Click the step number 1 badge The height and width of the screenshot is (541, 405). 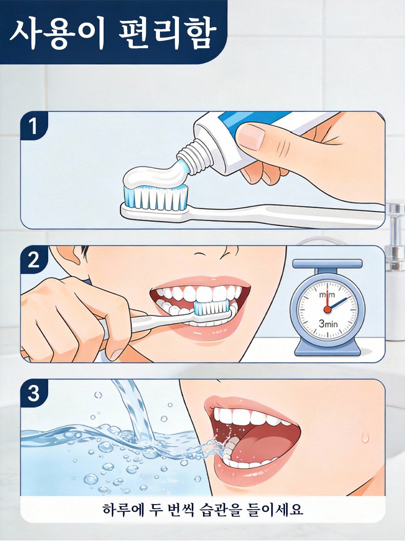33,126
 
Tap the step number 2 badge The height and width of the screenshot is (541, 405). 33,259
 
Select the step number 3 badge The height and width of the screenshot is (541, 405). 33,393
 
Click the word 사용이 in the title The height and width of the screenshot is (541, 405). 57,33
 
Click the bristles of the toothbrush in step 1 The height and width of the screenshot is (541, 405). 156,198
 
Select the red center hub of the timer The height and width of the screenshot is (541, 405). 327,309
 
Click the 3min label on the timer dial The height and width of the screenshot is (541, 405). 328,324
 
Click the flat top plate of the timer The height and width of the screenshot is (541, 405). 327,264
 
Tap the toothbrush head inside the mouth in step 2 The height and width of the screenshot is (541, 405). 211,307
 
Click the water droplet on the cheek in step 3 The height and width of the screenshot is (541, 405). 365,437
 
